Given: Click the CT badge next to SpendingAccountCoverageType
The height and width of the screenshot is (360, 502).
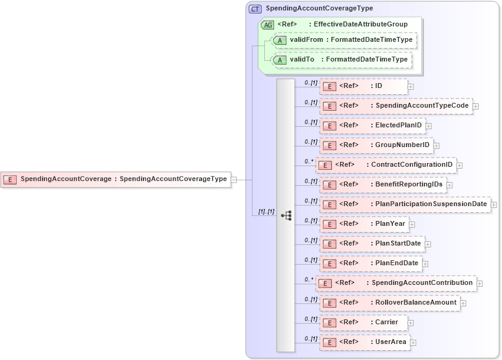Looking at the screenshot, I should coord(255,9).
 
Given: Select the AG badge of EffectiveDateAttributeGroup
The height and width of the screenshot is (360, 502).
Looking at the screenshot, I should coord(268,25).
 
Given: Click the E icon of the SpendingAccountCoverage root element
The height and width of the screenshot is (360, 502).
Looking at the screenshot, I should coord(10,180).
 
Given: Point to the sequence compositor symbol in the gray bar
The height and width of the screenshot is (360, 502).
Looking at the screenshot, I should coord(286,215).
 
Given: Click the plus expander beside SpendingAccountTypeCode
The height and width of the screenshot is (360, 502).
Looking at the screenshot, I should coord(476,106).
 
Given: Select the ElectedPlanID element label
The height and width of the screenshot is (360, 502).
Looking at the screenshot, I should coord(399,126).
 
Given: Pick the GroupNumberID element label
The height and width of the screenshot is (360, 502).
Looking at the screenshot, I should coord(402,145).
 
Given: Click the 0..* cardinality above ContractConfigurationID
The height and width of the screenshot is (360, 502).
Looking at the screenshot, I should coord(309,161).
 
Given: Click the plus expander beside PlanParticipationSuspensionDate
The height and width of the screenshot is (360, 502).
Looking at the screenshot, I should coord(494,204).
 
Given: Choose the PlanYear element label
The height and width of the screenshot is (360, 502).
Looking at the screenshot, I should coord(390,224).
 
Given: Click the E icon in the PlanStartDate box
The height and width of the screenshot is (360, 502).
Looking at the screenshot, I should coord(330,244).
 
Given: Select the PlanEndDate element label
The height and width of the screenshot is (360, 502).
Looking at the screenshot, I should coord(397,263).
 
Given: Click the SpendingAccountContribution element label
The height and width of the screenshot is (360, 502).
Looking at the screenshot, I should coord(422,283).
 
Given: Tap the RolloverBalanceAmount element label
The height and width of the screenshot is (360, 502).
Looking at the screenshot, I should coord(416,303).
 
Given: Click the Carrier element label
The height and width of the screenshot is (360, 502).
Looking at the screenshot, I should coord(387,322).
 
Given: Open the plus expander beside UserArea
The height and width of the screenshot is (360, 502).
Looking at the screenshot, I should coord(413,342).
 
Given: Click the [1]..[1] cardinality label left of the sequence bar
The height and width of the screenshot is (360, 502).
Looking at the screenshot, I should coord(266,212).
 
